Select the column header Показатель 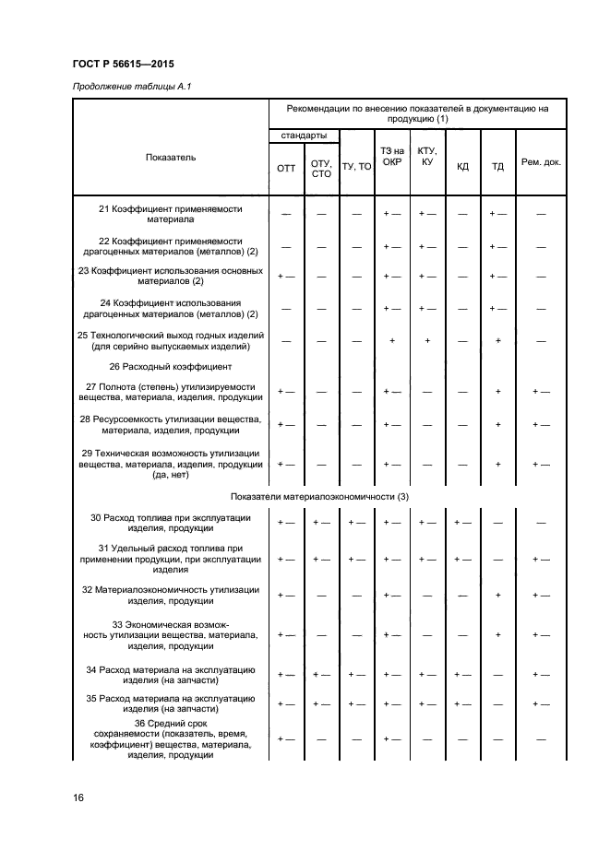pyautogui.click(x=171, y=158)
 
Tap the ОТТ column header pyautogui.click(x=286, y=167)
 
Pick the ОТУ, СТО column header pyautogui.click(x=321, y=167)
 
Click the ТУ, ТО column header pyautogui.click(x=356, y=167)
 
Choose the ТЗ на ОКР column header pyautogui.click(x=391, y=156)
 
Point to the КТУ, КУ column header pyautogui.click(x=427, y=156)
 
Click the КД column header pyautogui.click(x=462, y=167)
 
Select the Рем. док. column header pyautogui.click(x=541, y=162)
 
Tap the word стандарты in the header pyautogui.click(x=304, y=136)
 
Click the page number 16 pyautogui.click(x=78, y=797)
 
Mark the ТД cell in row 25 pyautogui.click(x=498, y=341)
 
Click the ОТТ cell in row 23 pyautogui.click(x=286, y=276)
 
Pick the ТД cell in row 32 pyautogui.click(x=498, y=596)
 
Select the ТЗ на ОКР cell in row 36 pyautogui.click(x=391, y=739)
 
